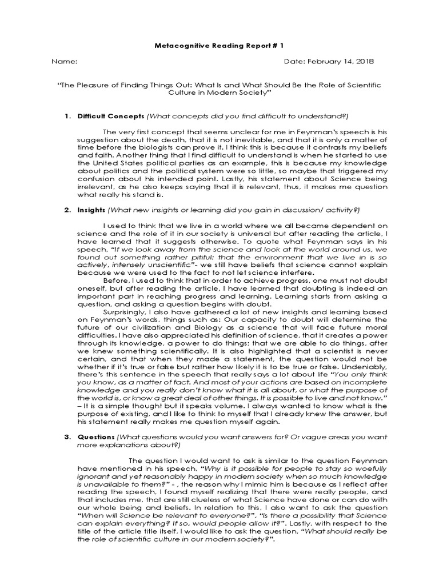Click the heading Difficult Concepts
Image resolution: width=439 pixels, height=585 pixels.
pos(111,116)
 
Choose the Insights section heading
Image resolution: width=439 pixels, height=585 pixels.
pos(92,210)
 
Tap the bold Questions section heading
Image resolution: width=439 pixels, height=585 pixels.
pos(97,437)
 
